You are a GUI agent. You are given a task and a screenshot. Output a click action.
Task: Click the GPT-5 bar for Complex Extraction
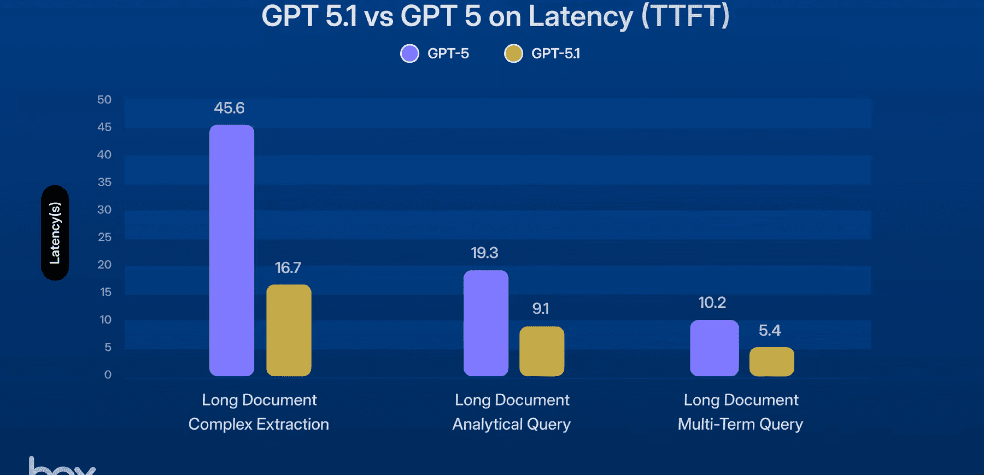tap(232, 250)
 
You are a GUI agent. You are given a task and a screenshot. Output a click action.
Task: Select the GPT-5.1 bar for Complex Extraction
tap(288, 330)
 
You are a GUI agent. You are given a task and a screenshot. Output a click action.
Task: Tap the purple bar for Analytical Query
tap(485, 323)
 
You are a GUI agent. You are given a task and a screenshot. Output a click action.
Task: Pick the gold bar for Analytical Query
tap(541, 351)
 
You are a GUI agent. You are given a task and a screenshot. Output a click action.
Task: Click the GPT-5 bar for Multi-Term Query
tap(714, 348)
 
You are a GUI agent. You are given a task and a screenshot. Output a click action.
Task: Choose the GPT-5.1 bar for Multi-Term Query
tap(771, 361)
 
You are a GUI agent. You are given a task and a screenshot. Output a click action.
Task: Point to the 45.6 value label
tap(229, 108)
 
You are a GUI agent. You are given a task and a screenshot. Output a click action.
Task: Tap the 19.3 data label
tap(484, 253)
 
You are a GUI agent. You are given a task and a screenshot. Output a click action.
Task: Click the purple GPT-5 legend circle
tap(409, 53)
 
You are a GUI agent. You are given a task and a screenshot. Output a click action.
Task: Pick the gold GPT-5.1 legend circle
tap(513, 53)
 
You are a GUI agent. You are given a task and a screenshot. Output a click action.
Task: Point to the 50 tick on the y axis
tap(104, 100)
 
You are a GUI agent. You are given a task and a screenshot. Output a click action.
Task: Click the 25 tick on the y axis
tap(104, 237)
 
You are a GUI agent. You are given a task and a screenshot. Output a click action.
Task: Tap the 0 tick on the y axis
tap(108, 375)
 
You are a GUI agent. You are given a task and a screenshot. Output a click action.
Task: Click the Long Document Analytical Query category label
tap(511, 412)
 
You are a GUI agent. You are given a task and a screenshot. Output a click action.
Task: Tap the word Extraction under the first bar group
tap(292, 424)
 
